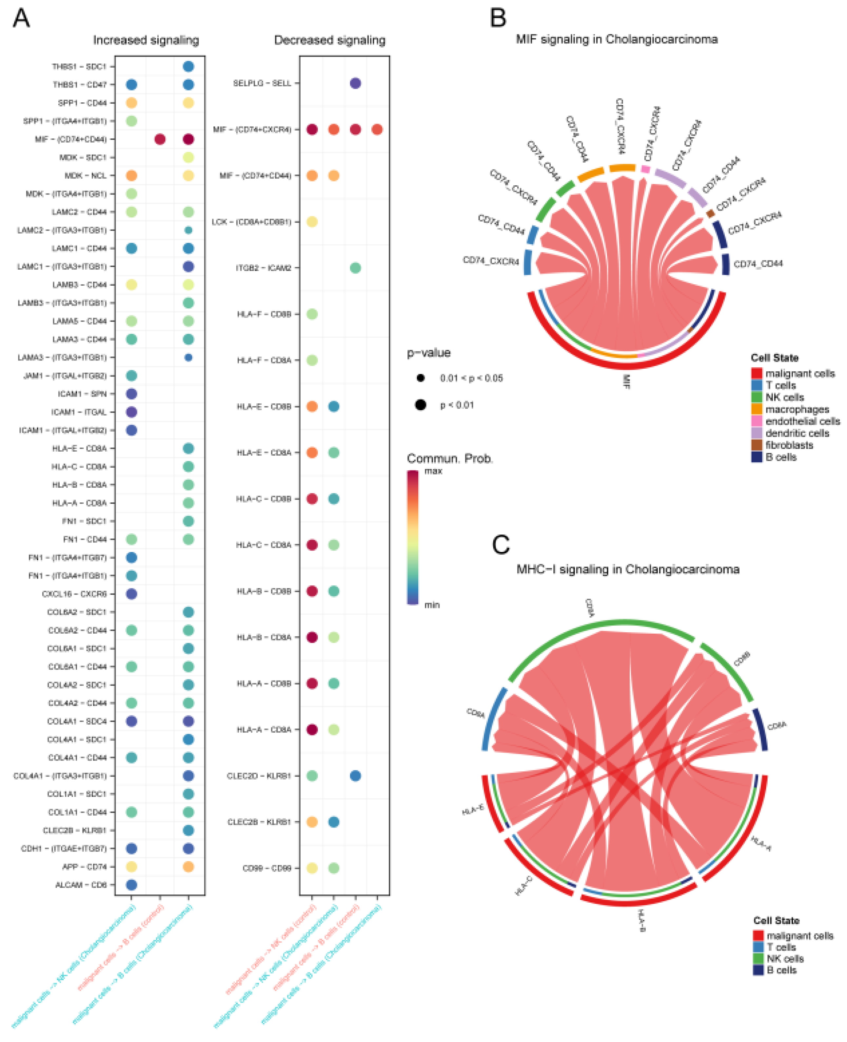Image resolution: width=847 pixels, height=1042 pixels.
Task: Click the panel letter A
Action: tap(21, 19)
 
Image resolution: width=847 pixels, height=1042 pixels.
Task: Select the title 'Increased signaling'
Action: tap(146, 40)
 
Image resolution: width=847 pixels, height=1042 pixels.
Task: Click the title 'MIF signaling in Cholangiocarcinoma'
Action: tap(617, 39)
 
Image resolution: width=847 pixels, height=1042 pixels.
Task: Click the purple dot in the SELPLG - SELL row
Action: tap(356, 83)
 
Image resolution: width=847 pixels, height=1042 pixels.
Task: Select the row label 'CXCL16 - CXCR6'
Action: tap(74, 594)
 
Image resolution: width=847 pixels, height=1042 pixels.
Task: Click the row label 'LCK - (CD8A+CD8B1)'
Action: tap(251, 222)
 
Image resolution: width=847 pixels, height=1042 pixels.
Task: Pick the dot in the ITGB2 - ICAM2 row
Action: tap(356, 268)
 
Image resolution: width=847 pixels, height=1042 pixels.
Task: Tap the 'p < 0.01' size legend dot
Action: tap(421, 405)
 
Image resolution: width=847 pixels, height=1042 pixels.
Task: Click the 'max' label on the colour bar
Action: tap(433, 471)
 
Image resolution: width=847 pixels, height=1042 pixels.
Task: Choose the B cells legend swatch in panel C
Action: tap(758, 970)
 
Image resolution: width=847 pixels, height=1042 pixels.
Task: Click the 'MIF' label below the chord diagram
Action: tap(626, 381)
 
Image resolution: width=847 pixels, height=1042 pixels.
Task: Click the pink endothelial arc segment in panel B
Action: tap(645, 169)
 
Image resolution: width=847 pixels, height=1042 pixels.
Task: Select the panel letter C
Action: tap(501, 545)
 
